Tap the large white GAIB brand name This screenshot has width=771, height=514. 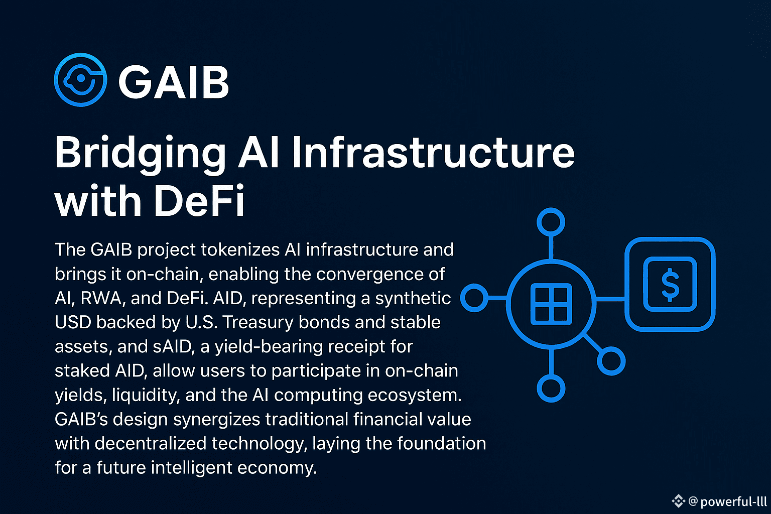tap(174, 82)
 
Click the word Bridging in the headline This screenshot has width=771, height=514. tap(140, 154)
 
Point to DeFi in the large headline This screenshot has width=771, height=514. tap(199, 200)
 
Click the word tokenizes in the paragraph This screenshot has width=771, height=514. tap(240, 249)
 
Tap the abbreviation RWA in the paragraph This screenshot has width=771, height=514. tap(101, 298)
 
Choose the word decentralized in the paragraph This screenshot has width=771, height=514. tap(151, 443)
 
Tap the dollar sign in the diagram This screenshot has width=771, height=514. tap(670, 285)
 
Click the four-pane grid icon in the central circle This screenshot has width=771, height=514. tap(551, 304)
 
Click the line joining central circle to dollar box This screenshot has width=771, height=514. tap(610, 299)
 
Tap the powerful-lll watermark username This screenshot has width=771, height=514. tap(733, 501)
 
